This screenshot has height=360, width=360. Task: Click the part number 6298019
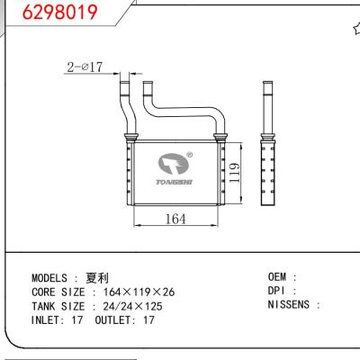(39, 12)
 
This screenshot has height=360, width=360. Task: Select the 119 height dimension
(233, 171)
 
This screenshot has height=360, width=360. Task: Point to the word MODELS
(49, 278)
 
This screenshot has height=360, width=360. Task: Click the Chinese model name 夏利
(96, 278)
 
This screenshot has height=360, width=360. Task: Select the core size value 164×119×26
(139, 292)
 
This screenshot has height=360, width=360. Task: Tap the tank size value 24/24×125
(135, 305)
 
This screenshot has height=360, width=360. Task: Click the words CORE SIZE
(63, 292)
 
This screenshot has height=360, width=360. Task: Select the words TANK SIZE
(63, 305)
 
